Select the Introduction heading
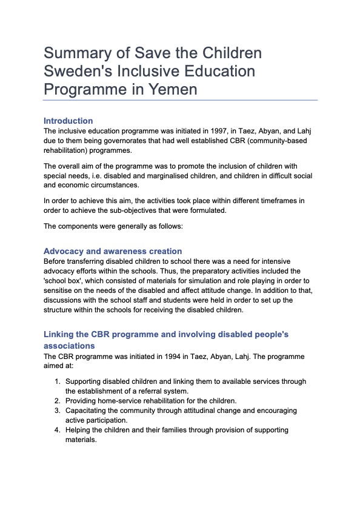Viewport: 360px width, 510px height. click(68, 121)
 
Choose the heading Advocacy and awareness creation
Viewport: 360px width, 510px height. click(113, 251)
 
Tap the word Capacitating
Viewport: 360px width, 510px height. click(90, 411)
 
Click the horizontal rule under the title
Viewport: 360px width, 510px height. click(181, 100)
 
